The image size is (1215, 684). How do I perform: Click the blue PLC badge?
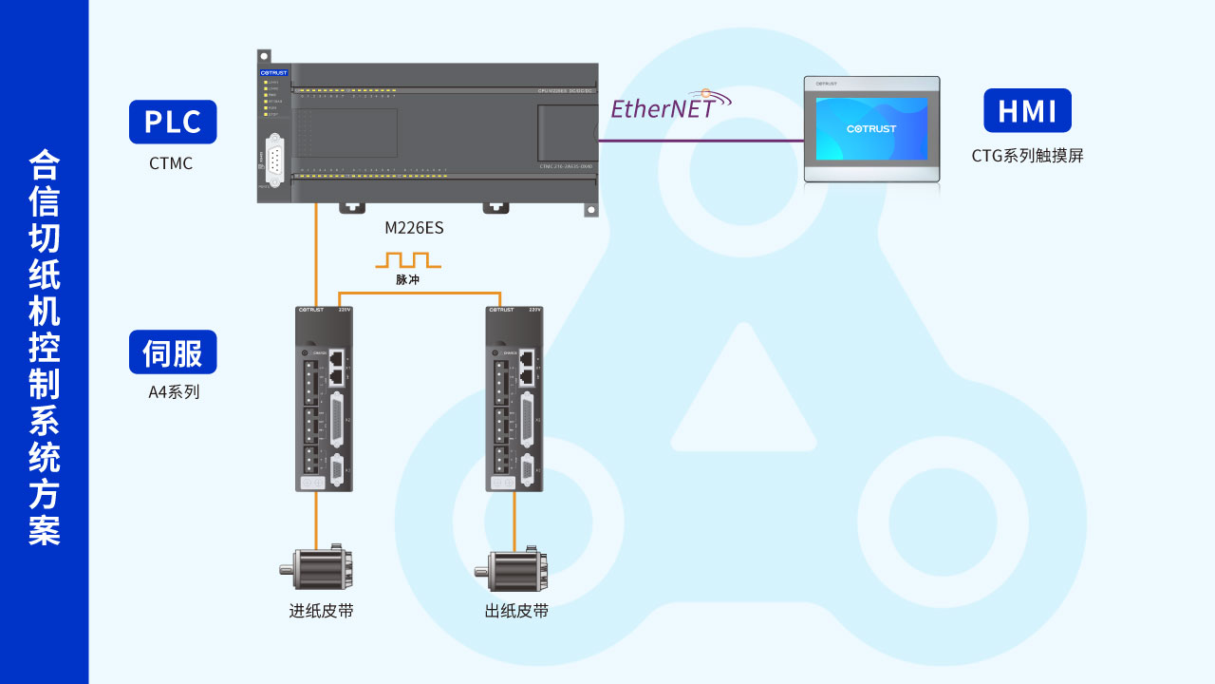click(x=173, y=122)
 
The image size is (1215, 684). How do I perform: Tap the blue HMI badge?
click(x=1027, y=110)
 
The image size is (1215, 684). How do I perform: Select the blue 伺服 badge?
click(x=173, y=352)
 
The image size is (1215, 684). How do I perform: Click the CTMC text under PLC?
click(x=171, y=163)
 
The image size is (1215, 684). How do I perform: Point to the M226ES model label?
click(x=414, y=228)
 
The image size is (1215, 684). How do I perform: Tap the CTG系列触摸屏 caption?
click(x=1027, y=156)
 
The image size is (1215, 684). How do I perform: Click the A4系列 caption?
click(x=174, y=391)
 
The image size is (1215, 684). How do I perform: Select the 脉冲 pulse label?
click(x=407, y=280)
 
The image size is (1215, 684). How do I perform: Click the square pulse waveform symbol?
click(x=408, y=259)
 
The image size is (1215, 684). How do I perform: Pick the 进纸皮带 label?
click(x=321, y=611)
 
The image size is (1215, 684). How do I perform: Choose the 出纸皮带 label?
click(x=516, y=611)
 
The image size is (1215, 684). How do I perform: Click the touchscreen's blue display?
click(x=871, y=128)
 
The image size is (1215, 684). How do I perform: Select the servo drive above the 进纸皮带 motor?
click(x=324, y=399)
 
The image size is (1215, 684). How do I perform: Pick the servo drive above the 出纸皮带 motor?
click(x=514, y=399)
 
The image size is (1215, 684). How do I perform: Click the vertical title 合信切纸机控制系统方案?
click(x=45, y=347)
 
